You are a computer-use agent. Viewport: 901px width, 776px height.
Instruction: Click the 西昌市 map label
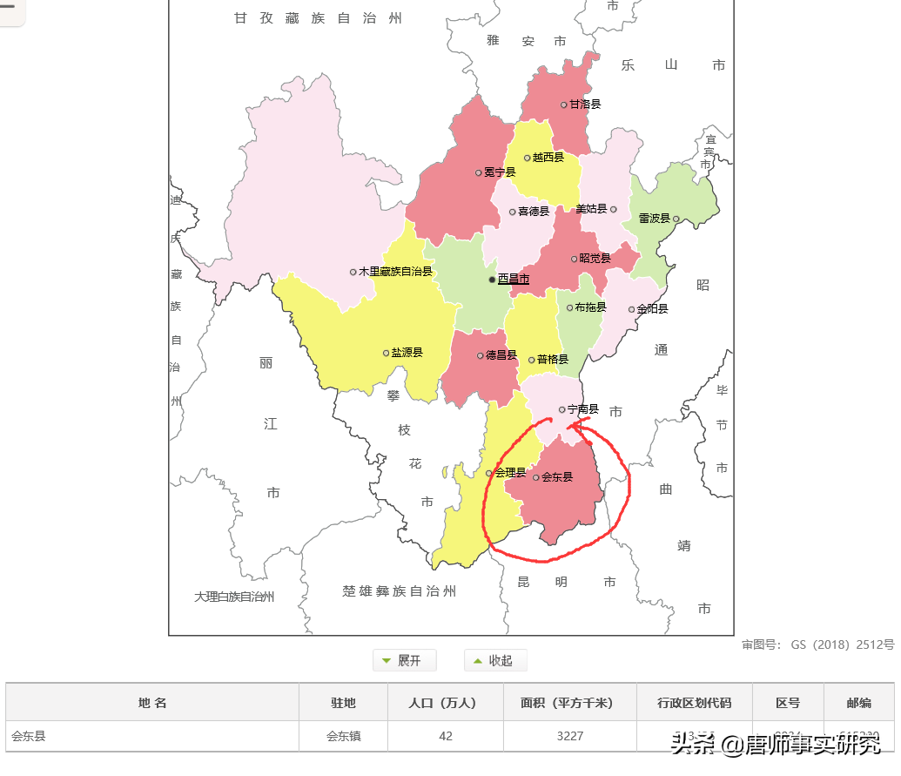pos(513,280)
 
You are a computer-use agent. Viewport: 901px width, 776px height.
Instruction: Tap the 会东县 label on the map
pos(557,477)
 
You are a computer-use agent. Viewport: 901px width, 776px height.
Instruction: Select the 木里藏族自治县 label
pos(395,272)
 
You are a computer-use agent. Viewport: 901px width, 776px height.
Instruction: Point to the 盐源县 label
pos(407,353)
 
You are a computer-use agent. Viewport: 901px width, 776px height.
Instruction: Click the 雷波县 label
pos(654,219)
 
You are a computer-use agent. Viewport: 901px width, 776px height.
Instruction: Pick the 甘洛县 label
pos(585,104)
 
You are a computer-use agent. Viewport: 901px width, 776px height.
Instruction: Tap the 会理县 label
pos(510,473)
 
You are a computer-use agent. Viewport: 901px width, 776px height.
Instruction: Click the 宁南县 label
pos(582,409)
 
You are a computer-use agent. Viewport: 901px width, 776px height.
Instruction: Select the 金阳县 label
pos(652,309)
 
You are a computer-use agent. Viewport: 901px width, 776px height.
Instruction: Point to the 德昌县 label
pos(501,355)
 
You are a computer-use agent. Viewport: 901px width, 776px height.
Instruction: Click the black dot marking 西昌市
pos(492,280)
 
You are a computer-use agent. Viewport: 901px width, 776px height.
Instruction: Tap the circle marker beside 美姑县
pos(614,209)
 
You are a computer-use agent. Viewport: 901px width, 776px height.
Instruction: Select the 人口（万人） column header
pos(445,703)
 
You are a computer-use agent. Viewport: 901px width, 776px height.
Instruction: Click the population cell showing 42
pos(445,736)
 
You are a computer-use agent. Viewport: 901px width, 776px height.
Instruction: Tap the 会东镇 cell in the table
pos(343,736)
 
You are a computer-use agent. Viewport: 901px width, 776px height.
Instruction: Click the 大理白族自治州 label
pos(234,597)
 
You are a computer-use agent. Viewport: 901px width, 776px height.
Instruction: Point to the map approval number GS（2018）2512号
pos(817,645)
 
